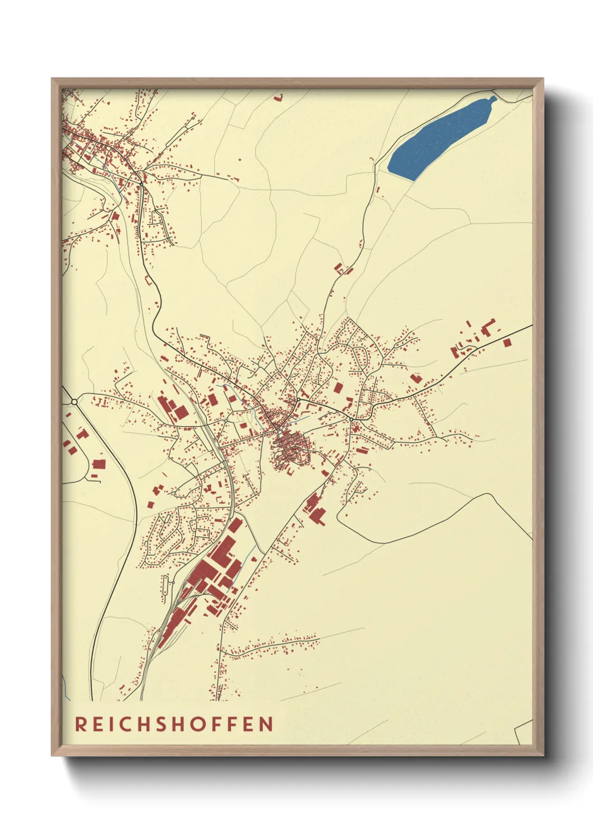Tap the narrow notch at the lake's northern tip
493,99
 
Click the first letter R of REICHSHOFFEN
81,724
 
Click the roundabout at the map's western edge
74,402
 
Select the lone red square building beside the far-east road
507,342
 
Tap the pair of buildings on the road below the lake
343,269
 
